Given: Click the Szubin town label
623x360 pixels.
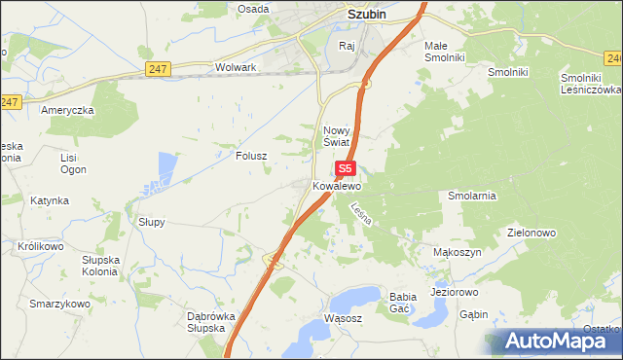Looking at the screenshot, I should (370, 15).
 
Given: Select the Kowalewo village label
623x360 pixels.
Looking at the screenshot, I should (337, 185).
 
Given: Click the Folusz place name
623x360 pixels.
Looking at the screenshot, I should (251, 155).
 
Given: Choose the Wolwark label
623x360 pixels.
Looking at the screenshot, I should (235, 68).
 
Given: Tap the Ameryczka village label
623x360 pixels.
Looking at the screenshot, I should (67, 110).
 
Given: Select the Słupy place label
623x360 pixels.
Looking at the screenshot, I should (152, 222).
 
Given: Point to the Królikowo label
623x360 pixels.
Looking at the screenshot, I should (40, 247).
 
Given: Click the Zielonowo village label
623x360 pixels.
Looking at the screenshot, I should (531, 234).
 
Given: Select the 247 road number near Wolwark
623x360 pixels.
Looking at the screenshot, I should (160, 68).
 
